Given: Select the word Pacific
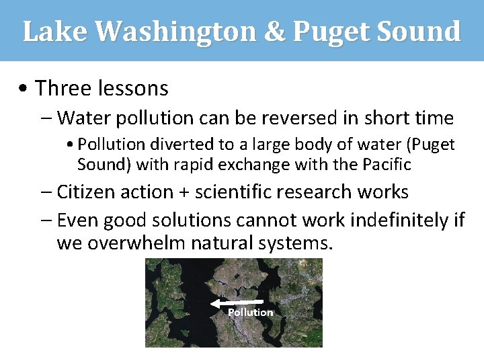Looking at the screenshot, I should click(x=387, y=164).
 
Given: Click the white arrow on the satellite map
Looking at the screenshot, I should click(x=241, y=303).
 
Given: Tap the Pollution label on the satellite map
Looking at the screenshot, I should click(x=250, y=313).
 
